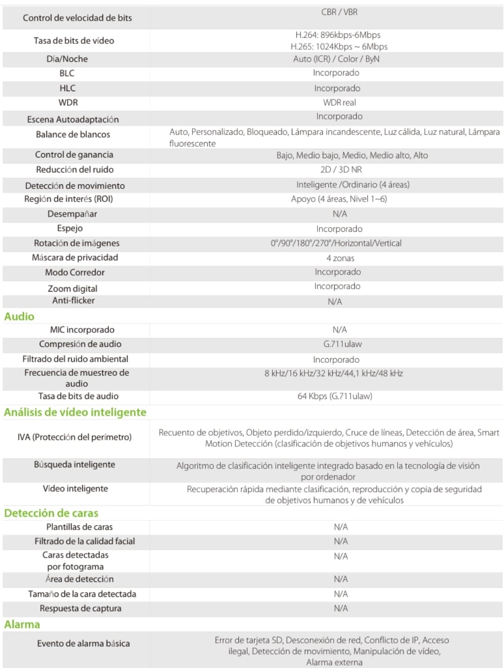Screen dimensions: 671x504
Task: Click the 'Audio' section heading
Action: pyautogui.click(x=19, y=316)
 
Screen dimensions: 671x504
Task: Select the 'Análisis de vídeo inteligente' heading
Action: pyautogui.click(x=75, y=412)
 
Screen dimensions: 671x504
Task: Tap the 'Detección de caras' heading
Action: pyautogui.click(x=51, y=513)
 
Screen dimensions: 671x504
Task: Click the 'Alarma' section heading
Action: pyautogui.click(x=22, y=624)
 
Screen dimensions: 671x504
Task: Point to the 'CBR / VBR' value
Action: pyautogui.click(x=339, y=12)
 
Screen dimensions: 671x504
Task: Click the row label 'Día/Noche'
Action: pyautogui.click(x=67, y=59)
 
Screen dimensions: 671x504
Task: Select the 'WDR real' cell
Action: pyautogui.click(x=339, y=102)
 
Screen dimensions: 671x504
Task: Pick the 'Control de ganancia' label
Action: pyautogui.click(x=74, y=155)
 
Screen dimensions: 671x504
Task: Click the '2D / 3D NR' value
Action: pyautogui.click(x=341, y=169)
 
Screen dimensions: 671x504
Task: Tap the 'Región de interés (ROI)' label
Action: pyautogui.click(x=69, y=199)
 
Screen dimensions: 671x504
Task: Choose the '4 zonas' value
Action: pyautogui.click(x=340, y=258)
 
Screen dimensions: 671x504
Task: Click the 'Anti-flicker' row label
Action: pyautogui.click(x=74, y=300)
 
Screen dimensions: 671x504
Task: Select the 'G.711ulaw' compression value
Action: pyautogui.click(x=342, y=344)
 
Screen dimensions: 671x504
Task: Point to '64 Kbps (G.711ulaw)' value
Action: pyautogui.click(x=335, y=396)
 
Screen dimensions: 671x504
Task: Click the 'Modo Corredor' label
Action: pyautogui.click(x=75, y=272)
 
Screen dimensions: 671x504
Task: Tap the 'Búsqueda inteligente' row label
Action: pyautogui.click(x=75, y=464)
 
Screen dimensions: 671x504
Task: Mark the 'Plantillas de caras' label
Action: pyautogui.click(x=80, y=527)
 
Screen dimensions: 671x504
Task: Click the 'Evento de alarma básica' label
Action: pyautogui.click(x=83, y=643)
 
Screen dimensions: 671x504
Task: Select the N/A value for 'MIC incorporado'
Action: pyautogui.click(x=340, y=329)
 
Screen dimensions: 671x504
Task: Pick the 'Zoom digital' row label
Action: pyautogui.click(x=73, y=289)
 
